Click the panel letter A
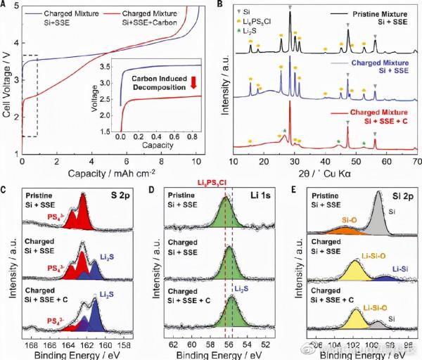(x=6, y=6)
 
